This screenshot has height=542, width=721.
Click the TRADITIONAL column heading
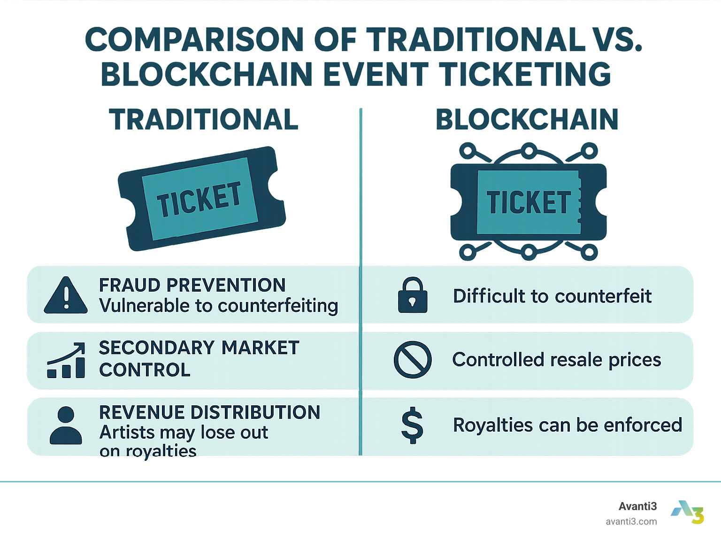pos(204,119)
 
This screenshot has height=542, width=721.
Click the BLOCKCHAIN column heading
pos(527,119)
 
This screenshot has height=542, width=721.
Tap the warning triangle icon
pos(66,295)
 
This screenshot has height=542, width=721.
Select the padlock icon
pos(413,295)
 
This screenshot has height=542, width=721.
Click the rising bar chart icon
pos(66,360)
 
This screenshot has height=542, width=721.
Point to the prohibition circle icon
pos(413,360)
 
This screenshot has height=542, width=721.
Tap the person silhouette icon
pos(66,426)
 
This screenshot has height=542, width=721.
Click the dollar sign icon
pos(413,426)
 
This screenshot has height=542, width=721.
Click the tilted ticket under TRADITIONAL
pos(202,199)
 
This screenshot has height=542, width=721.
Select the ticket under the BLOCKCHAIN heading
pos(528,202)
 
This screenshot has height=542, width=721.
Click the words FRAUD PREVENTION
pos(192,285)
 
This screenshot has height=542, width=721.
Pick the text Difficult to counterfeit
pos(552,296)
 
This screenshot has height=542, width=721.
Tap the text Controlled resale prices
pos(556,360)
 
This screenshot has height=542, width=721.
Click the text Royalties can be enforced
pos(568,425)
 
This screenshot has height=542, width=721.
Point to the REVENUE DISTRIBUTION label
pos(209,412)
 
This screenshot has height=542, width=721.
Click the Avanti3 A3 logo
pos(688,512)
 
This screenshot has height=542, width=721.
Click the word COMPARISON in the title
pos(194,39)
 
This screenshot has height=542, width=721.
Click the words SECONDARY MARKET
pos(199,348)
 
